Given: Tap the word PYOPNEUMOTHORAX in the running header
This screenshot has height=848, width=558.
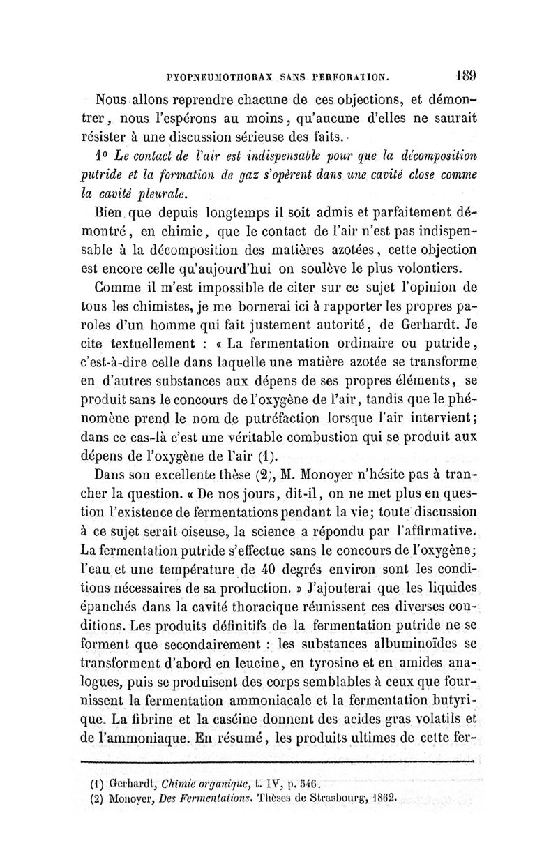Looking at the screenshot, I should [x=217, y=75].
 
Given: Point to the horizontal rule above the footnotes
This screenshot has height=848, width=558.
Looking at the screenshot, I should [x=278, y=763].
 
